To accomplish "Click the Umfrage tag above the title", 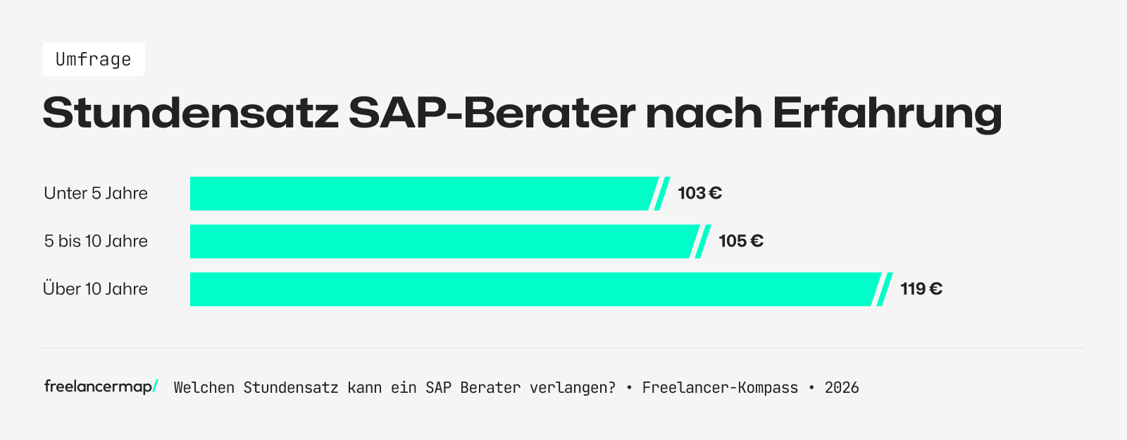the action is click(x=93, y=59).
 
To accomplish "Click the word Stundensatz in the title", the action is click(x=190, y=113).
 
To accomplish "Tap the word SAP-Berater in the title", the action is click(x=491, y=113).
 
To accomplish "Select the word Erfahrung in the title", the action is click(x=887, y=113).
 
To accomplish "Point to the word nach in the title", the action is click(x=704, y=113).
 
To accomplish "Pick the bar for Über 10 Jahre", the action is click(x=533, y=289).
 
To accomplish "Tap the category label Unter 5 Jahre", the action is click(x=96, y=194).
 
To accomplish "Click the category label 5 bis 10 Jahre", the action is click(x=96, y=241).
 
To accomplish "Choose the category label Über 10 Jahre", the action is click(x=96, y=289).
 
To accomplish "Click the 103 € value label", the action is click(x=699, y=194).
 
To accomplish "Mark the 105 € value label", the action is click(x=740, y=241).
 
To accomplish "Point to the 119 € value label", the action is click(x=921, y=289).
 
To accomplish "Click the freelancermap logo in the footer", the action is click(x=100, y=386).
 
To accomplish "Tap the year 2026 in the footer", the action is click(x=842, y=388).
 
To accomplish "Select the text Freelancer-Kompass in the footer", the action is click(x=720, y=388).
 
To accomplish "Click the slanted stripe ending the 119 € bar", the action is click(x=885, y=289).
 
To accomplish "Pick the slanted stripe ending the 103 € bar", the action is click(x=662, y=194).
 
